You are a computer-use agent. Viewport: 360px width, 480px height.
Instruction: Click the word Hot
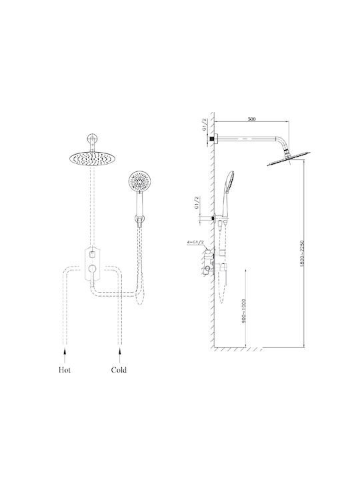pyautogui.click(x=65, y=370)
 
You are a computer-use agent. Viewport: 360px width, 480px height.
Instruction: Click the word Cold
pyautogui.click(x=119, y=370)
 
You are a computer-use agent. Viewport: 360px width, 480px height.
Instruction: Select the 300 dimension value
pyautogui.click(x=251, y=119)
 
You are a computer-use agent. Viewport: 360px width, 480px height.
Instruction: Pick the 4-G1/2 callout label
pyautogui.click(x=195, y=243)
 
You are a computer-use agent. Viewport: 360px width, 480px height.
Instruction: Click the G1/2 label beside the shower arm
pyautogui.click(x=205, y=125)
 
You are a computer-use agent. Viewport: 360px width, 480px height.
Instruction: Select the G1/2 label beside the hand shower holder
pyautogui.click(x=197, y=203)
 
